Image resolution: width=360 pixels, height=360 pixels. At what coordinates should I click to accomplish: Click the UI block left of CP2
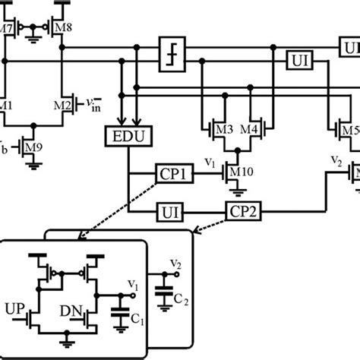[172, 209]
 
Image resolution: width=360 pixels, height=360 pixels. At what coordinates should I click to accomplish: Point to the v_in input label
[91, 103]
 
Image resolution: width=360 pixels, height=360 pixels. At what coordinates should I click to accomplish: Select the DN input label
[70, 311]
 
